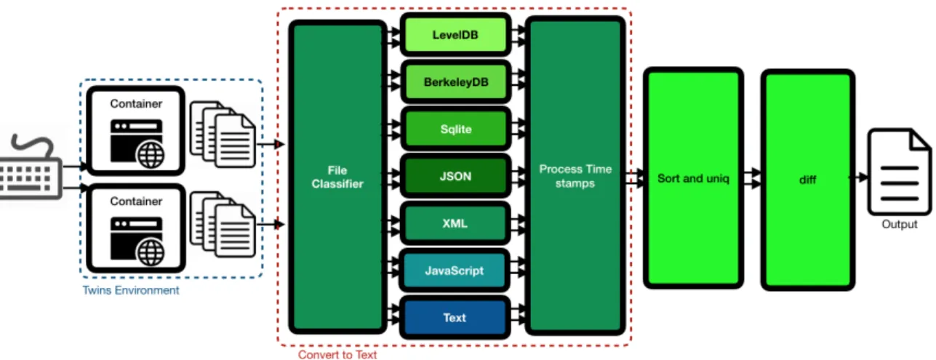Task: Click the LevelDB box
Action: (x=455, y=35)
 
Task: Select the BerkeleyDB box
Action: (x=455, y=82)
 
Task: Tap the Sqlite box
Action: (x=455, y=129)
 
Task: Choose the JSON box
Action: (x=455, y=176)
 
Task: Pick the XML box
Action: (x=455, y=223)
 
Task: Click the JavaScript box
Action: (x=455, y=271)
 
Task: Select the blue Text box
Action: (x=455, y=318)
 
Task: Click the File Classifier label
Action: (x=337, y=177)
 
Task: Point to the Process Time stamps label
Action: (x=575, y=176)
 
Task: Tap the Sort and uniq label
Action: (x=693, y=178)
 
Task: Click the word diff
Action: (x=807, y=180)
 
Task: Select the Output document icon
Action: (x=899, y=172)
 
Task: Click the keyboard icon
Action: (x=30, y=167)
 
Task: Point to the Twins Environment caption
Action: (x=131, y=290)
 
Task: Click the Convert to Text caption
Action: (x=337, y=355)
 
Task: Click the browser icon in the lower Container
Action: (x=137, y=241)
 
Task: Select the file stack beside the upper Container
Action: (x=223, y=135)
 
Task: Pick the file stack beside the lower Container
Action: (x=223, y=224)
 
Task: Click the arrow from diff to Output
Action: (x=859, y=177)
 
